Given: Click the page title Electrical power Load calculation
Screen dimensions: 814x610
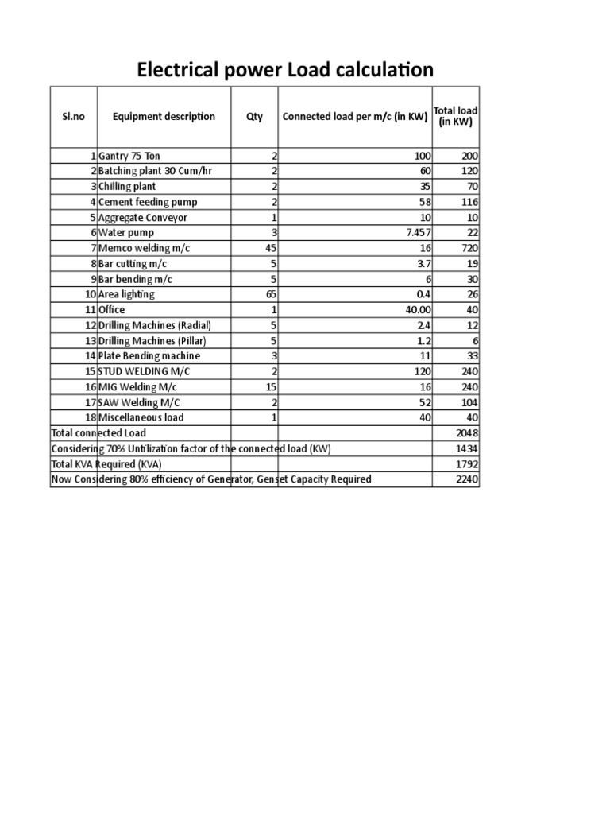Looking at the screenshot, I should click(x=285, y=70).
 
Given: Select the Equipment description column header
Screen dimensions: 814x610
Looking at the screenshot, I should click(x=164, y=116).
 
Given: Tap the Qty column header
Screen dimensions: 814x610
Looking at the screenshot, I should click(x=254, y=117).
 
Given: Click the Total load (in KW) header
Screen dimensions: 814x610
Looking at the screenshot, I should click(x=455, y=116).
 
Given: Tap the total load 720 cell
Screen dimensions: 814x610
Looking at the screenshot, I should click(x=469, y=248).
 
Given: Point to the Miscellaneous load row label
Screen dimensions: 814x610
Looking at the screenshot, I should click(x=141, y=417).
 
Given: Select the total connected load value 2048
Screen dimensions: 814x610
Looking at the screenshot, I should click(x=466, y=433).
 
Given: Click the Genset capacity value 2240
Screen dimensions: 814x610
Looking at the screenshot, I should click(x=466, y=479).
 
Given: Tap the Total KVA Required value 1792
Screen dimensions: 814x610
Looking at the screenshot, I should click(x=467, y=463).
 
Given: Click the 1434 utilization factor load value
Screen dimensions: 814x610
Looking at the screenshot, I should click(x=467, y=448).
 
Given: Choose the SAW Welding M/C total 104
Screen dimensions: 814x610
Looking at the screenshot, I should click(x=469, y=402).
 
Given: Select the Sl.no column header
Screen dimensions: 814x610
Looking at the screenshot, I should click(x=73, y=116).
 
